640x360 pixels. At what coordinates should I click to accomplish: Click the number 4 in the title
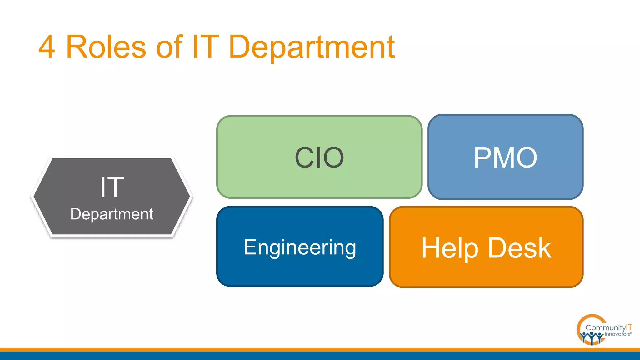47,47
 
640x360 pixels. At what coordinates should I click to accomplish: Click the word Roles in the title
106,47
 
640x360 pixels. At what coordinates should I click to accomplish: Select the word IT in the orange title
205,47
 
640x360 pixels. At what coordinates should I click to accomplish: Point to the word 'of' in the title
169,47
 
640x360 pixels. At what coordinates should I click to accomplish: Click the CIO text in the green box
319,157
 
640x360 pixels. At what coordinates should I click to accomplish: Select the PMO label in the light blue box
505,157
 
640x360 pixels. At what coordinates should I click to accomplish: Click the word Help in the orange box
450,248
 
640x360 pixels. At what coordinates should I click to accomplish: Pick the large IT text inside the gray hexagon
112,187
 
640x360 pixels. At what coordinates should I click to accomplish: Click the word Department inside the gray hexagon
112,214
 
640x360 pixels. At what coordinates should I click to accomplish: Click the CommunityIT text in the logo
608,327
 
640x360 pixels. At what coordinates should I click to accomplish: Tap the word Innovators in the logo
617,334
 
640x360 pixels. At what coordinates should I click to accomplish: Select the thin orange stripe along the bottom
320,350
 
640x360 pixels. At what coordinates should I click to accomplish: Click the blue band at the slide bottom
320,356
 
